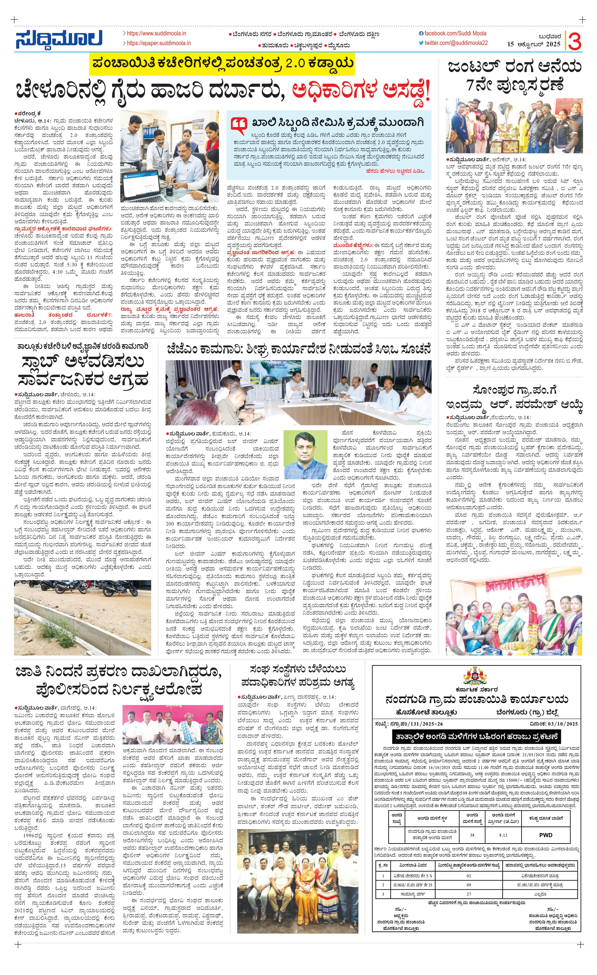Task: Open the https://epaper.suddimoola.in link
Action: point(158,43)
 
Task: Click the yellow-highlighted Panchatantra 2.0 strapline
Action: point(222,64)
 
